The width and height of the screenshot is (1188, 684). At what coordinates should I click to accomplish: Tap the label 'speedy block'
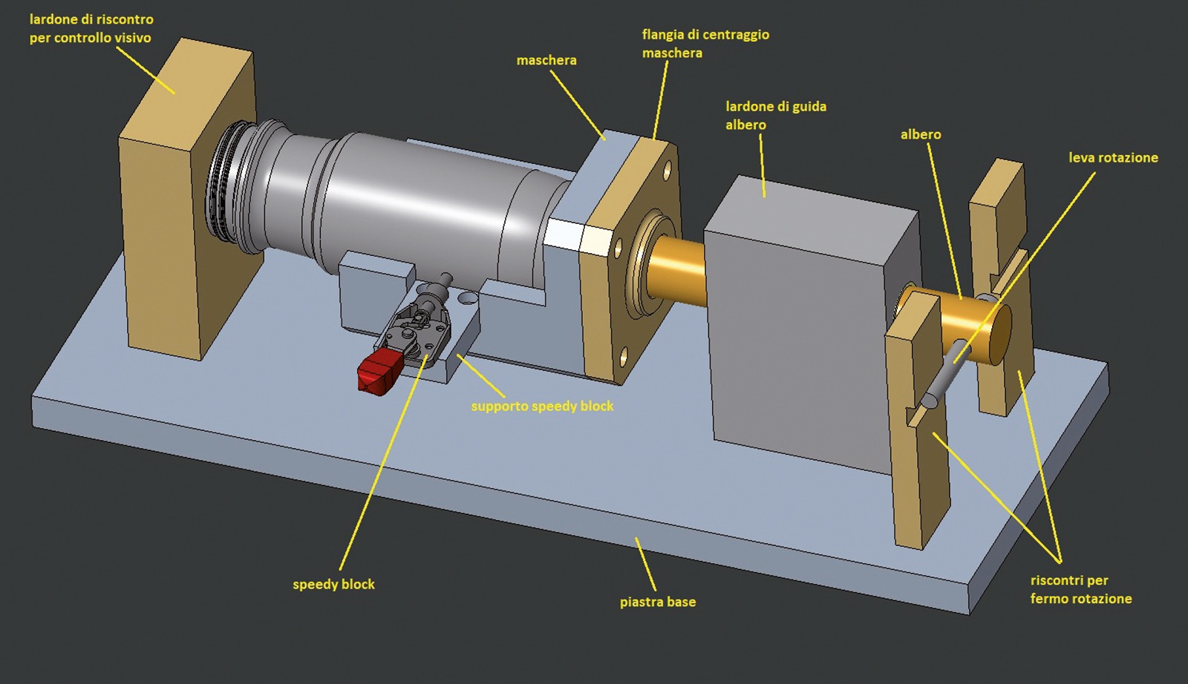[333, 585]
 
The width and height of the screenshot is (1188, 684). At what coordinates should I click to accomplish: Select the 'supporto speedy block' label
[542, 406]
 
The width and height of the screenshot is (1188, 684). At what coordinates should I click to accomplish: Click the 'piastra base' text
[658, 602]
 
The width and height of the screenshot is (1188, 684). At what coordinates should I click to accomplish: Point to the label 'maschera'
[546, 60]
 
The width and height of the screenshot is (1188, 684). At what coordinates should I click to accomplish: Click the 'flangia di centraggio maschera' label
[705, 44]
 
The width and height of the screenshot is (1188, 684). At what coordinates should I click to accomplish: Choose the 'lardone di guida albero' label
[776, 116]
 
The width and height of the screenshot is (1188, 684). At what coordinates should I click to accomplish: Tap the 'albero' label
[921, 134]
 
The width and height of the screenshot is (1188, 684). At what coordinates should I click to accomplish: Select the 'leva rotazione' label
[1113, 157]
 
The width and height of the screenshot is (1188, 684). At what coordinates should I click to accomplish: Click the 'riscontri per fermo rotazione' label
[1081, 589]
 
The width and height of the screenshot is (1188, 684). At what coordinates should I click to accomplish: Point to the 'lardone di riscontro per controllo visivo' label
[91, 28]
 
